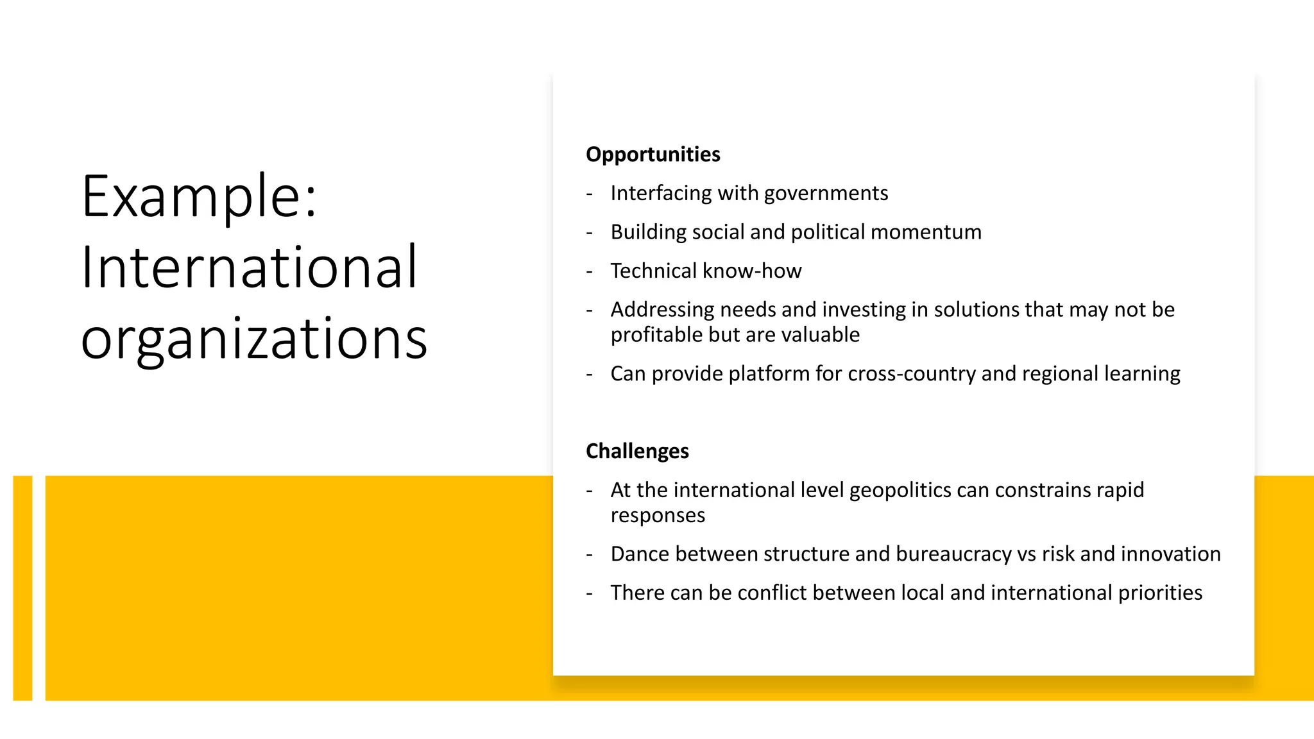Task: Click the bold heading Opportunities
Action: click(x=653, y=155)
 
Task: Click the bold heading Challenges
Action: click(x=637, y=451)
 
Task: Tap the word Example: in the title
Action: click(x=200, y=196)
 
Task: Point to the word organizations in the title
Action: click(x=254, y=338)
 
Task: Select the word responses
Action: click(x=658, y=516)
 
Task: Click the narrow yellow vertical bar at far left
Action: click(x=22, y=588)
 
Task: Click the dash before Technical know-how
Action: click(x=589, y=271)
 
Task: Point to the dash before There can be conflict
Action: click(x=589, y=593)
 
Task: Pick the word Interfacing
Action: click(x=661, y=194)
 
